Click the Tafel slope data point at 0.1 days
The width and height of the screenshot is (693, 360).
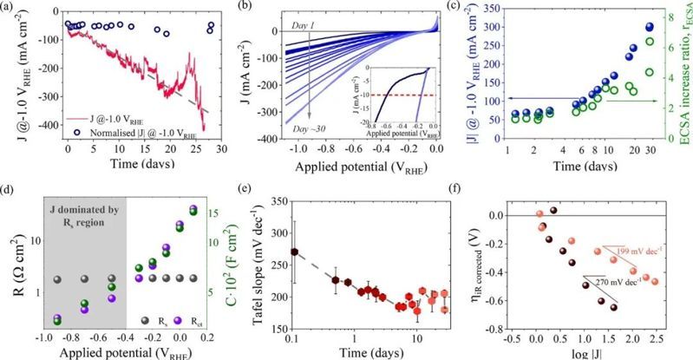click(294, 252)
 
